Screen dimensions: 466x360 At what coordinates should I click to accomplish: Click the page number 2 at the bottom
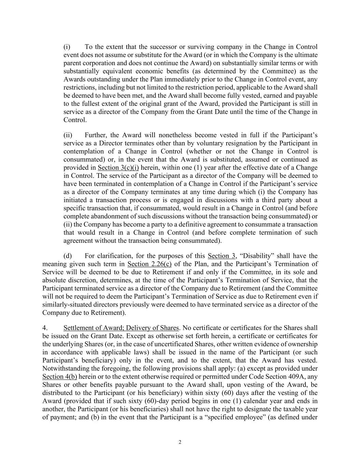click(x=180, y=442)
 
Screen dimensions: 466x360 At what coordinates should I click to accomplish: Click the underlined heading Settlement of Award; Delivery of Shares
click(x=121, y=328)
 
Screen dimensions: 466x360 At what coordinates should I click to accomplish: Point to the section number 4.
click(x=45, y=328)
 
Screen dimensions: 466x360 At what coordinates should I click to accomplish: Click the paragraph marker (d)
click(x=68, y=256)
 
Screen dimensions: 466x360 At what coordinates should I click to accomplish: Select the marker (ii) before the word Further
click(x=68, y=135)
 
